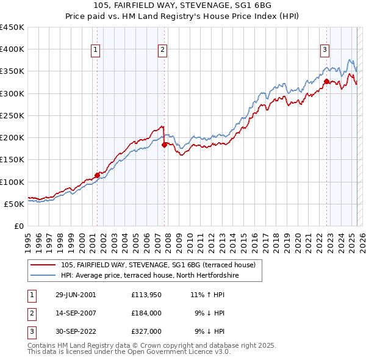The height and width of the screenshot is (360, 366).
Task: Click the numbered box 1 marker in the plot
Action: pyautogui.click(x=96, y=51)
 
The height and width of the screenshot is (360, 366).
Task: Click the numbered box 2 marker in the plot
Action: pyautogui.click(x=163, y=51)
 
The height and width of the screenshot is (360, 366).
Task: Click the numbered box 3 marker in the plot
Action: pyautogui.click(x=325, y=51)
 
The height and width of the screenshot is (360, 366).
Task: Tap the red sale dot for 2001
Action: pyautogui.click(x=97, y=175)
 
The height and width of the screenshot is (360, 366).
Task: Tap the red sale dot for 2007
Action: pyautogui.click(x=164, y=145)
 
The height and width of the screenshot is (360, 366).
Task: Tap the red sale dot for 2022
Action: pyautogui.click(x=326, y=81)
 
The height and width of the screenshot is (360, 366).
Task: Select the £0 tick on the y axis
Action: pyautogui.click(x=19, y=226)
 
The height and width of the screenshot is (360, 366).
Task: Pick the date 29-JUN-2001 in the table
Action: pyautogui.click(x=76, y=295)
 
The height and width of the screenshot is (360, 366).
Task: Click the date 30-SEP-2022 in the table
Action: pyautogui.click(x=76, y=331)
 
